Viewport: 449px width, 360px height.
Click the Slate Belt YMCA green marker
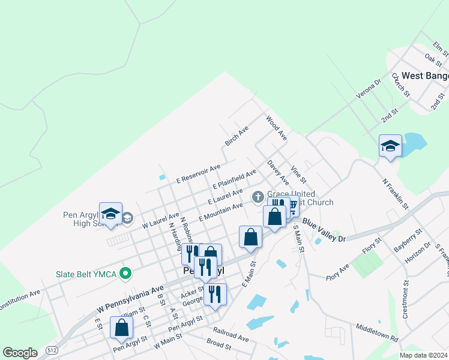tap(125, 274)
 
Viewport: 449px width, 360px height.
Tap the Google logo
tap(20, 353)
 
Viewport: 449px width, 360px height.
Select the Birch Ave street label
tap(237, 136)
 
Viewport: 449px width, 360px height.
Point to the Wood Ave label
tap(276, 128)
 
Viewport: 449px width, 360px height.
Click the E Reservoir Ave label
tap(198, 173)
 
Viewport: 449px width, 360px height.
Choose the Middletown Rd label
tap(377, 333)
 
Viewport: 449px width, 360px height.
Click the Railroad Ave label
tap(231, 335)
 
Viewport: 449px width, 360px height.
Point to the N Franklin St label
tap(395, 193)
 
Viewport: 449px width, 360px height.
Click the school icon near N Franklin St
tap(390, 146)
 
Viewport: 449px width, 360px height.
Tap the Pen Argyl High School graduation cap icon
tap(110, 214)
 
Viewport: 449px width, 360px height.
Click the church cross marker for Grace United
tap(258, 196)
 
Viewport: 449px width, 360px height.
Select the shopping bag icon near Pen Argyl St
tap(121, 328)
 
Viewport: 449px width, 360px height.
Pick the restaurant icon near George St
tap(215, 295)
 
